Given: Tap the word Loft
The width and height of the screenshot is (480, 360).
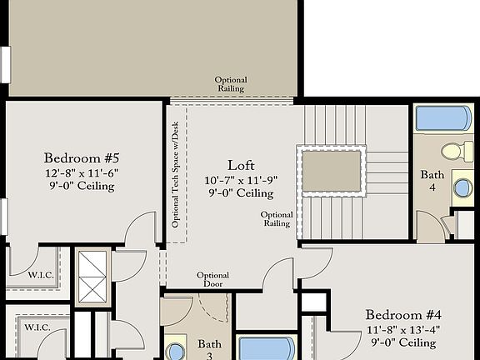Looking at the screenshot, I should [241, 165].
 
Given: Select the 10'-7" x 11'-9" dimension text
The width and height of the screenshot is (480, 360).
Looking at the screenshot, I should [241, 179].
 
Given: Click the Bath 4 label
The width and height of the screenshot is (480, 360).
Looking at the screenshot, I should [432, 180].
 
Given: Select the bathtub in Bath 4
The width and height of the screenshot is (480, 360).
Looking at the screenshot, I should [443, 118].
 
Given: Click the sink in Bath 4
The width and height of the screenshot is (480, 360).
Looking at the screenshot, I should [463, 187].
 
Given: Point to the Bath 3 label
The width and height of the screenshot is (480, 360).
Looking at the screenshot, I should [210, 348].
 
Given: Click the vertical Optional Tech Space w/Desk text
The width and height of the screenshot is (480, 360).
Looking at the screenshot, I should [176, 175].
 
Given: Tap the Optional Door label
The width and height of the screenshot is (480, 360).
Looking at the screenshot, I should [212, 280].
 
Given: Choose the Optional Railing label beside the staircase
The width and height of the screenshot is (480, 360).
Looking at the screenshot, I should [277, 219].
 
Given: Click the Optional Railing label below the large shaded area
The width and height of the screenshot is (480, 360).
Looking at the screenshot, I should [231, 84].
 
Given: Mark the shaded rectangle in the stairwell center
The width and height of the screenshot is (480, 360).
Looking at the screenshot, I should [332, 171].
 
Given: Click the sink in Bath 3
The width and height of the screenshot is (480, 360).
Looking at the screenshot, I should [176, 350].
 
